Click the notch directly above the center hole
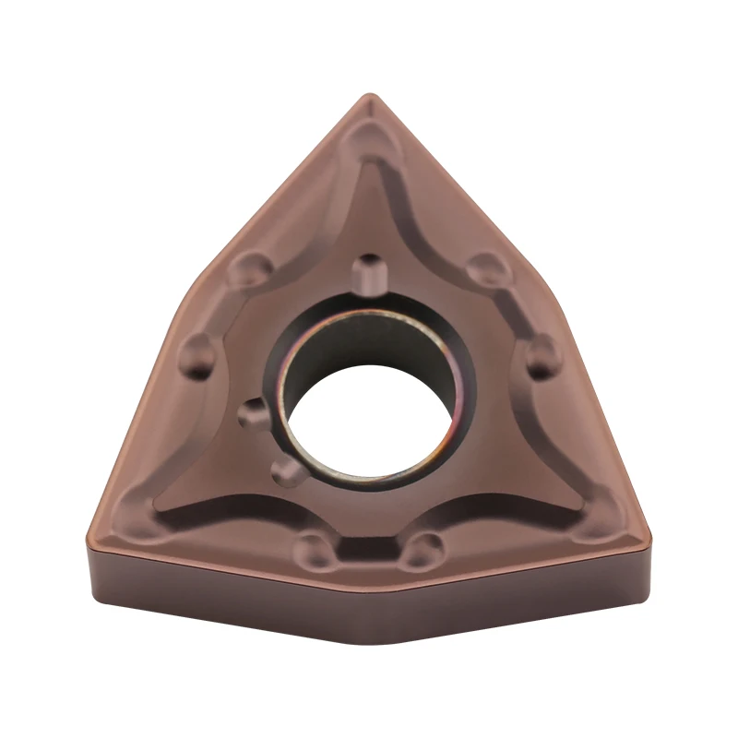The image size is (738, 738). (x=369, y=269)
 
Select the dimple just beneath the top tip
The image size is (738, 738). (x=370, y=140)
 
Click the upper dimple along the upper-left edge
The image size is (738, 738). (x=250, y=268)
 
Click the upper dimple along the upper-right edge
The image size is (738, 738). (x=482, y=268)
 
